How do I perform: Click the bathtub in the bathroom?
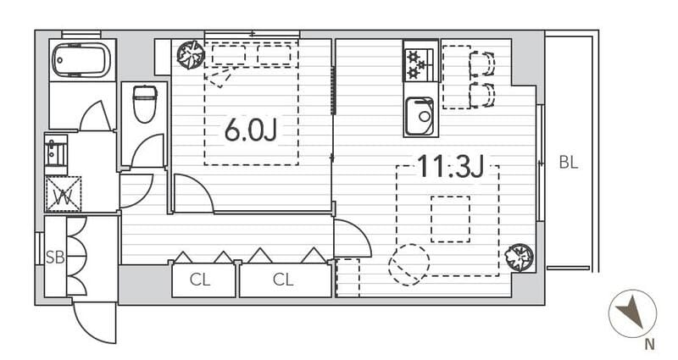pyautogui.click(x=81, y=60)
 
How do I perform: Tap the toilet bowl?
pyautogui.click(x=145, y=104)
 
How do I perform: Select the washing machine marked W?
pyautogui.click(x=63, y=194)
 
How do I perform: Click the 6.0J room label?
pyautogui.click(x=251, y=130)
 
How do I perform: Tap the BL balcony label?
pyautogui.click(x=568, y=163)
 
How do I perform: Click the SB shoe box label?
pyautogui.click(x=55, y=258)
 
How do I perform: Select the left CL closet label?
pyautogui.click(x=200, y=280)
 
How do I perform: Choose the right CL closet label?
pyautogui.click(x=283, y=280)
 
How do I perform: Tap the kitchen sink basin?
pyautogui.click(x=420, y=115)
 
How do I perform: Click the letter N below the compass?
pyautogui.click(x=649, y=345)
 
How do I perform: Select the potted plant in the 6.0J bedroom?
pyautogui.click(x=191, y=54)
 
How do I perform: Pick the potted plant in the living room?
pyautogui.click(x=520, y=258)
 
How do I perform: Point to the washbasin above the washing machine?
pyautogui.click(x=56, y=153)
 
